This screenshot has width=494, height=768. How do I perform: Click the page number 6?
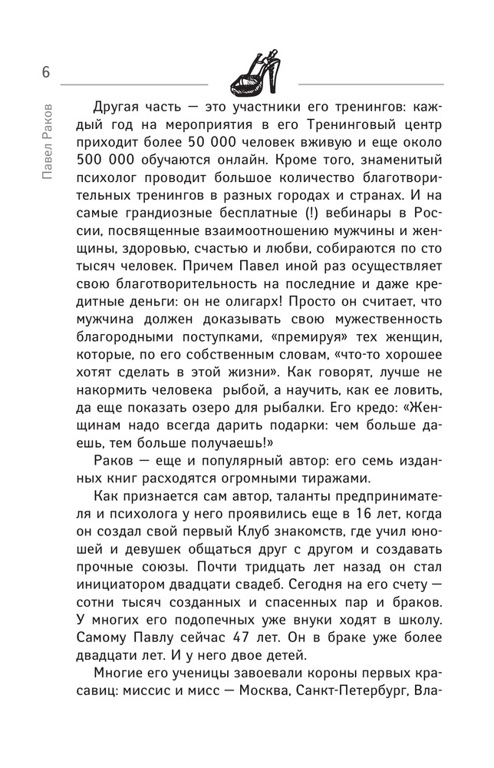tap(46, 72)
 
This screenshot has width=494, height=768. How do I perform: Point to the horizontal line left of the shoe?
tap(133, 82)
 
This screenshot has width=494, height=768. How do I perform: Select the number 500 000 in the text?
tap(106, 164)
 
